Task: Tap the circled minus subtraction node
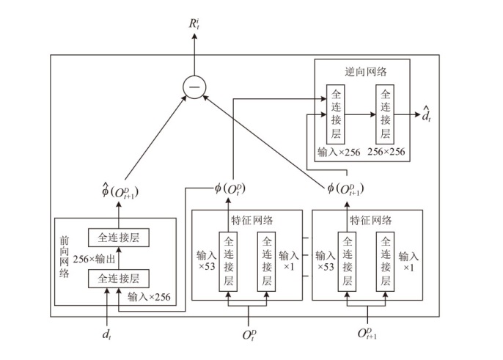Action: point(194,89)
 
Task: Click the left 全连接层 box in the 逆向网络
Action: point(336,114)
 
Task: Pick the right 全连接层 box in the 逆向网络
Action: point(386,114)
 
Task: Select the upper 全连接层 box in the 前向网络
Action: point(114,237)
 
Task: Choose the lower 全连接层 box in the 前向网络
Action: point(114,278)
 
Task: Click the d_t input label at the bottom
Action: point(108,334)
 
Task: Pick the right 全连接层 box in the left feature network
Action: point(267,261)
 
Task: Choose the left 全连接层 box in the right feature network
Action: point(347,261)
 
